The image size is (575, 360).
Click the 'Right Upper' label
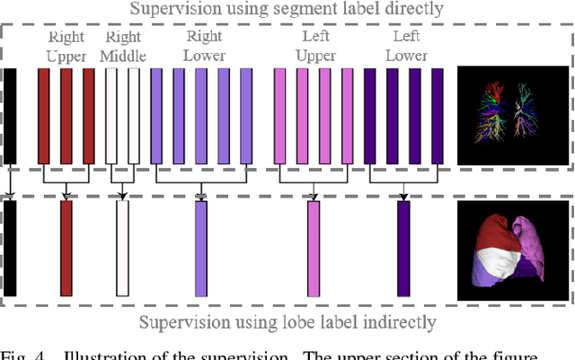click(66, 47)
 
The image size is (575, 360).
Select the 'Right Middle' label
click(123, 47)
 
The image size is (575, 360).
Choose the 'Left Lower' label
click(406, 47)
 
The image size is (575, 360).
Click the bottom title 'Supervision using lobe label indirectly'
click(287, 320)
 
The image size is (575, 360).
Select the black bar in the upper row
click(10, 116)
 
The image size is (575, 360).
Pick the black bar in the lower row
click(10, 248)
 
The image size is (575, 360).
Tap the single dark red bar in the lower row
click(66, 248)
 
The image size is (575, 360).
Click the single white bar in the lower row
click(122, 248)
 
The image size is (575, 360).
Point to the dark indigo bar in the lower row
click(403, 248)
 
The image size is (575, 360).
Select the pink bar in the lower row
click(314, 248)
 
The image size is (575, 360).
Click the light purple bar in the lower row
click(201, 248)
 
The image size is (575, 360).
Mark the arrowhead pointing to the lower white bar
click(122, 196)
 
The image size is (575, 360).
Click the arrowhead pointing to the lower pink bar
click(314, 196)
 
